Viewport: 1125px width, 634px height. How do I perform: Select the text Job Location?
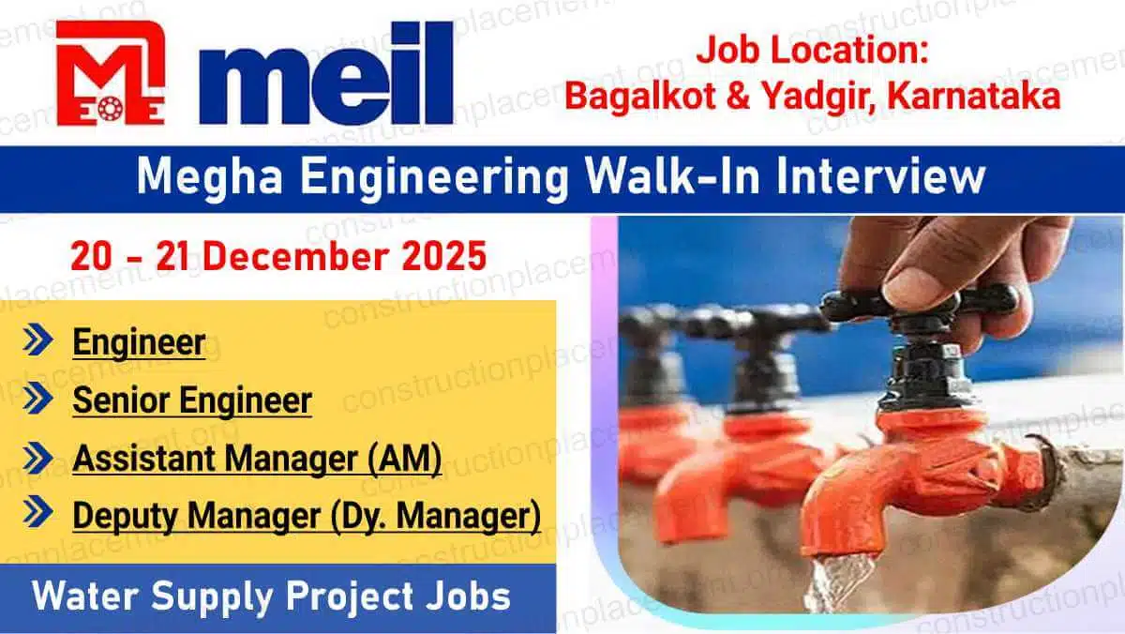810,51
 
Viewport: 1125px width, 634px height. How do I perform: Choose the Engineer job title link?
139,342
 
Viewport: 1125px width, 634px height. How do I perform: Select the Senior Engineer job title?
192,400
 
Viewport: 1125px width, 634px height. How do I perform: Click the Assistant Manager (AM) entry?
257,459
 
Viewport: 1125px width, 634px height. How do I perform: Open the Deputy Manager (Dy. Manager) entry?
307,516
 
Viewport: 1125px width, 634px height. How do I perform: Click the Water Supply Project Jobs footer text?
271,597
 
